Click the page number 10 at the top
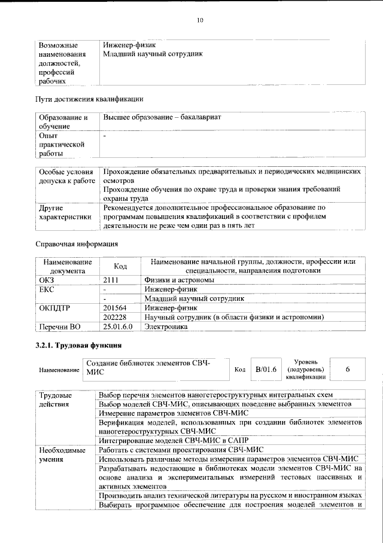point(200,20)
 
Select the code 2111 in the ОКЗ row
point(111,279)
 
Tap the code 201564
point(115,307)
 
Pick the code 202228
point(115,317)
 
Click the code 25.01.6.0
point(117,327)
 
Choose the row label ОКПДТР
point(54,307)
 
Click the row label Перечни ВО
point(59,327)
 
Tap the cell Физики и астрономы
point(178,279)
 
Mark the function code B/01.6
point(266,369)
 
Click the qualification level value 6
point(347,370)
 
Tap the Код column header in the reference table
point(120,266)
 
